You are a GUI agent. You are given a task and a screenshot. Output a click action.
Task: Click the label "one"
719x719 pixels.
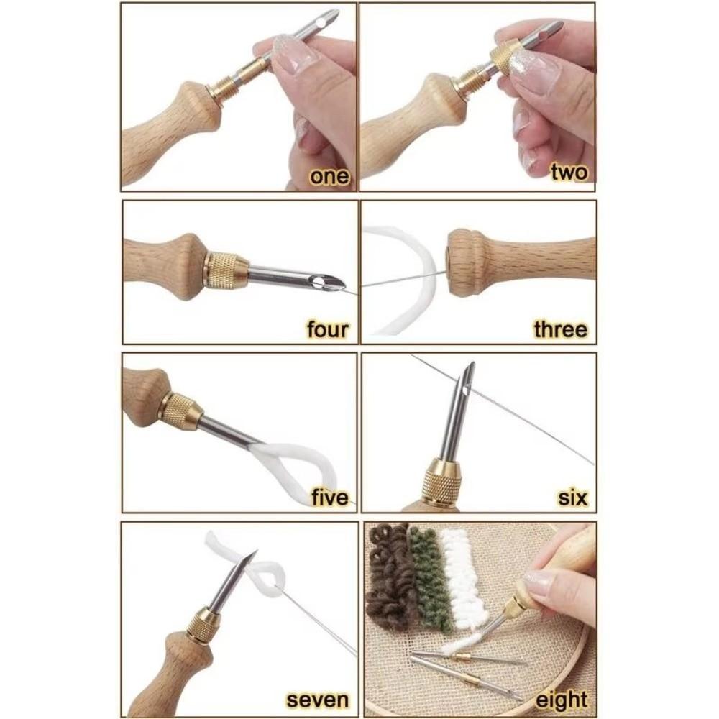[x=329, y=176]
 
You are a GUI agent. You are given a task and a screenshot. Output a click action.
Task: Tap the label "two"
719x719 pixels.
[x=569, y=173]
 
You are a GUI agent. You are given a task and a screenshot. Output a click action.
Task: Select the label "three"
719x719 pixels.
[x=560, y=329]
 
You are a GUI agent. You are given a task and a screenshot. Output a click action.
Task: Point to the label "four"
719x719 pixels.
[x=327, y=330]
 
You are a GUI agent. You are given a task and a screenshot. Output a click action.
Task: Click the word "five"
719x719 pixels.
[x=329, y=497]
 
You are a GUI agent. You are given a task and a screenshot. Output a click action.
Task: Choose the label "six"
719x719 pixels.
[x=572, y=497]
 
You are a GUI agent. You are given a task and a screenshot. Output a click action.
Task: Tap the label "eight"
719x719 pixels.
[x=562, y=700]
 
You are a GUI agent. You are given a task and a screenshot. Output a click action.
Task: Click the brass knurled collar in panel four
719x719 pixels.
[x=226, y=271]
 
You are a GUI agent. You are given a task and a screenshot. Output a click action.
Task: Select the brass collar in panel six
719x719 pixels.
[x=441, y=482]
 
